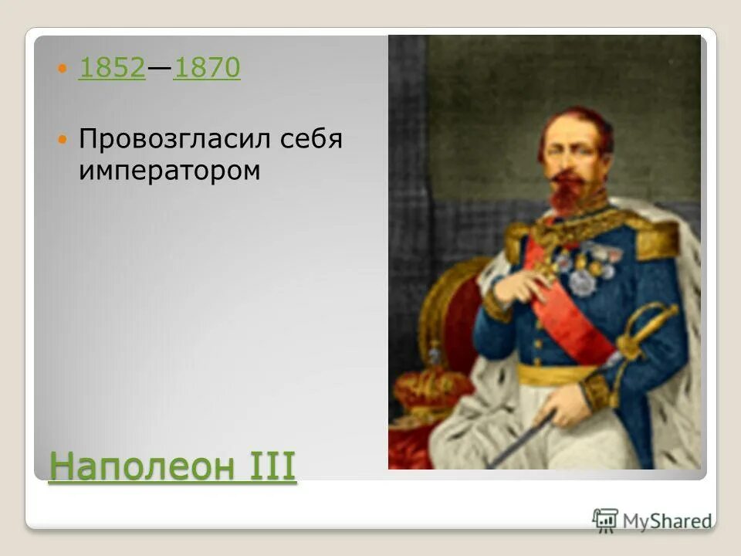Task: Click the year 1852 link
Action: point(112,69)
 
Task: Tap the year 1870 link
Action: point(207,69)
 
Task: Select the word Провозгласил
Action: point(169,141)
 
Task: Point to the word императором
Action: point(169,171)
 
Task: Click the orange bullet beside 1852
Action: point(64,70)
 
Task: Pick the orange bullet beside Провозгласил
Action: point(64,141)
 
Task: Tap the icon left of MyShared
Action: point(605,520)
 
